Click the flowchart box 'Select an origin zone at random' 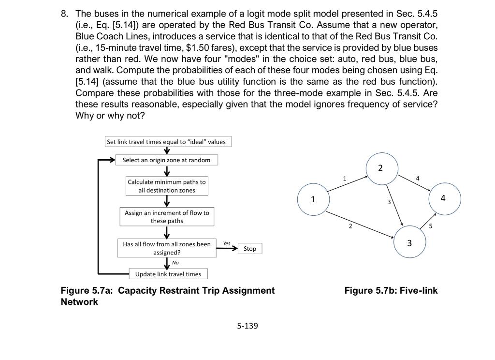(166, 160)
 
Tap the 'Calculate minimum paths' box (166, 186)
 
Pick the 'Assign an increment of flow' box (167, 217)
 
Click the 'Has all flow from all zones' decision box (167, 248)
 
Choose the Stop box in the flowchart (250, 249)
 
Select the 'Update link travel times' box (168, 274)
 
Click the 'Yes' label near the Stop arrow (227, 243)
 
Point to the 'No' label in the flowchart (175, 262)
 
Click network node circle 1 (313, 199)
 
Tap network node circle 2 (380, 168)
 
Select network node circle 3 (410, 243)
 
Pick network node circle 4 (443, 198)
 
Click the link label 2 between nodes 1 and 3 (351, 225)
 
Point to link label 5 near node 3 (431, 226)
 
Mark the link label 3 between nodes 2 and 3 (388, 201)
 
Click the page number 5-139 (247, 326)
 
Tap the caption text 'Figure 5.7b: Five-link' (391, 291)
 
